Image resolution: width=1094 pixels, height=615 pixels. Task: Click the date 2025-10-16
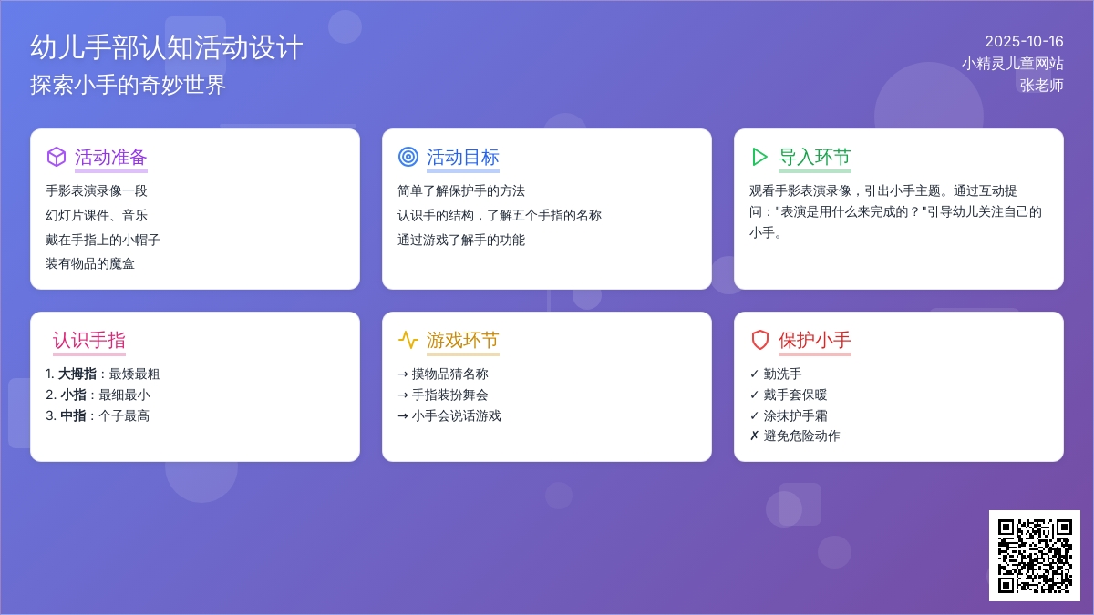tap(1024, 42)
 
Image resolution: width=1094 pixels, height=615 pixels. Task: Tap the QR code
tap(1035, 556)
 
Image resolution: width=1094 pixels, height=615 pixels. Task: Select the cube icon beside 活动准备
tap(57, 157)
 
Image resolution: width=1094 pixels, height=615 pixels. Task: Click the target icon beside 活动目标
tap(408, 157)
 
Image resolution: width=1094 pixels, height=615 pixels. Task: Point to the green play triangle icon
tap(759, 157)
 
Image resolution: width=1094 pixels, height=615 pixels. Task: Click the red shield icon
tap(760, 340)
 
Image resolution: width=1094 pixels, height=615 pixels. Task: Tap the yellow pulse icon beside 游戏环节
tap(408, 340)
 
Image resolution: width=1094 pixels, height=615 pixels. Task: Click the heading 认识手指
tap(89, 340)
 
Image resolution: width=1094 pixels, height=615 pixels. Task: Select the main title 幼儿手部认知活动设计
tap(167, 47)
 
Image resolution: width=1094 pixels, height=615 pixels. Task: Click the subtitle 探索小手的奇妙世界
tap(128, 85)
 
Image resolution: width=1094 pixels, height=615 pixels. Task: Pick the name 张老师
tap(1041, 86)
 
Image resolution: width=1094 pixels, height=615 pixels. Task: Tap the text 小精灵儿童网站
tap(1013, 64)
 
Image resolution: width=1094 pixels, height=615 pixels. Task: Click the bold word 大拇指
tap(77, 374)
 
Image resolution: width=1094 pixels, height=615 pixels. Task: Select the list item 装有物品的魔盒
tap(90, 264)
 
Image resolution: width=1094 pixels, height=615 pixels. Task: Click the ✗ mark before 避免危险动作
tap(754, 436)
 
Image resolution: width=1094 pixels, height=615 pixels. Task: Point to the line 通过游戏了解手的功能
tap(461, 240)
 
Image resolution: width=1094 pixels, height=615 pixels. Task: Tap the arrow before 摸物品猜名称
tap(402, 374)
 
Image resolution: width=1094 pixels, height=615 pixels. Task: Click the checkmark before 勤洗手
tap(754, 374)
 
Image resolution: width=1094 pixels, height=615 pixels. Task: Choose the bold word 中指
tap(73, 415)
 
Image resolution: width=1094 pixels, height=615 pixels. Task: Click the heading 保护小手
tap(815, 340)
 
